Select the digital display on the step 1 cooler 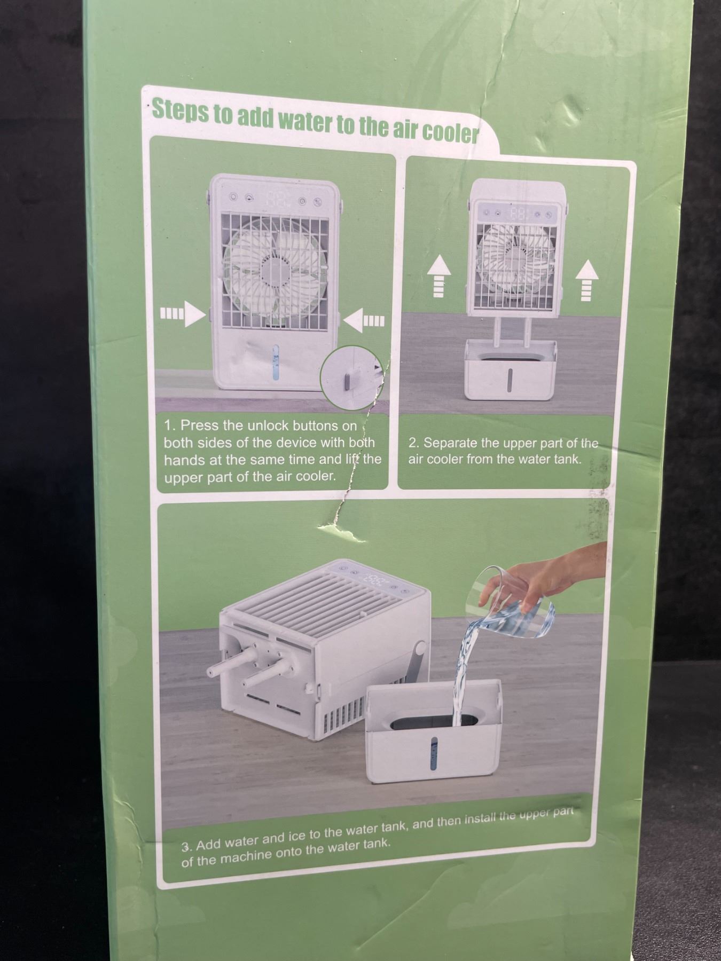[276, 200]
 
